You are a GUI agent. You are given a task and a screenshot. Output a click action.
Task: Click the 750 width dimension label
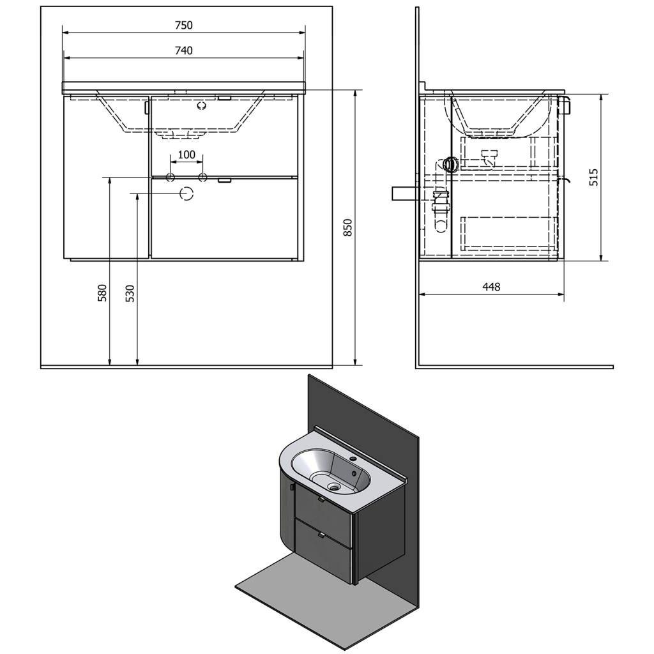pos(183,25)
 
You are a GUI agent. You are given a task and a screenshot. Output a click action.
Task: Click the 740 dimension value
pos(183,50)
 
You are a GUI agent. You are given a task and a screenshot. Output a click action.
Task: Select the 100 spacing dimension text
pos(186,155)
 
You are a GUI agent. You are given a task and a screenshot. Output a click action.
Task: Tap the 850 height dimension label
pos(348,227)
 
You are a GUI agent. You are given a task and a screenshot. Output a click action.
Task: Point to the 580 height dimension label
pos(102,293)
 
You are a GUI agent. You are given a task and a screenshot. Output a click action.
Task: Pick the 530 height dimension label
pos(130,293)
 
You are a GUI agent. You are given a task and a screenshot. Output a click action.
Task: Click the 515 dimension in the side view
pos(593,178)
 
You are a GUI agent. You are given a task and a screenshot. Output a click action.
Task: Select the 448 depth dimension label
pos(491,287)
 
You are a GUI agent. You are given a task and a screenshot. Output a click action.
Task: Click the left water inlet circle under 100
pos(170,178)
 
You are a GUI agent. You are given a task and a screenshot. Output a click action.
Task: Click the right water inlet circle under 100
pos(202,178)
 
